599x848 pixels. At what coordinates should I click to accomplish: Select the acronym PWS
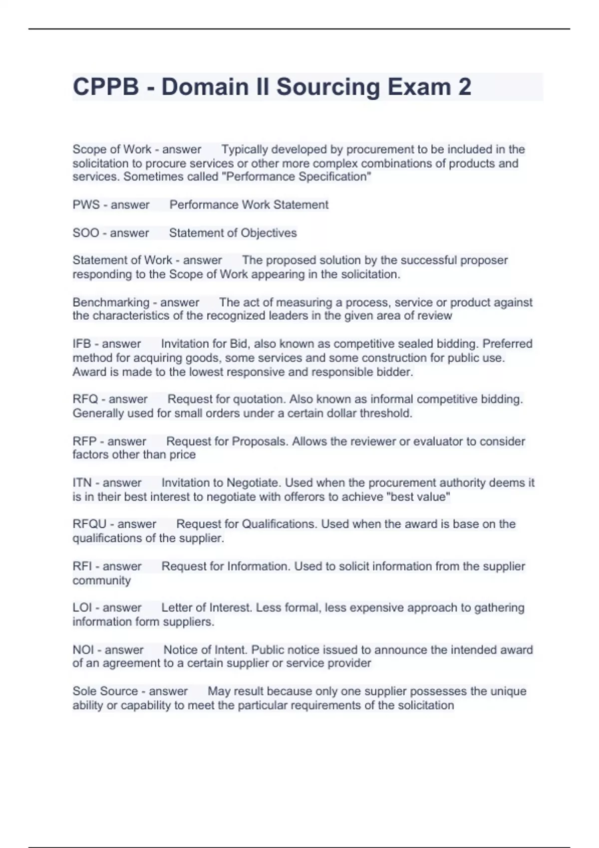86,205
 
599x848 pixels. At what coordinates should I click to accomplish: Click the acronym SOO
86,233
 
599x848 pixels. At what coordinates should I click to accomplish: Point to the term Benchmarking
111,302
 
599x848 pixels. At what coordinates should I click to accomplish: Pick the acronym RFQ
85,399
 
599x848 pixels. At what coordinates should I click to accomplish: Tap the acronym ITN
82,483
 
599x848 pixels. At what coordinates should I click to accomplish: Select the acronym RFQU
90,524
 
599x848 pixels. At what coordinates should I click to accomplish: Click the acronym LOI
82,608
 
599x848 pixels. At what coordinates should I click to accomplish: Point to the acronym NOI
83,650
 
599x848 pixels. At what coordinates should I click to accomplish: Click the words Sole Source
105,691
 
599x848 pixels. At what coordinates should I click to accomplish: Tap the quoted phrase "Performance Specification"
299,177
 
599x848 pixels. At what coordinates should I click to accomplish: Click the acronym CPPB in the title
106,87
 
